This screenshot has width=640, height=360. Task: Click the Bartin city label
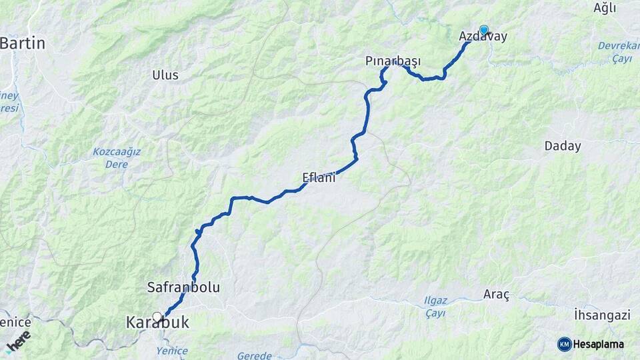tap(24, 44)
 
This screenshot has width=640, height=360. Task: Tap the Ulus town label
tap(165, 75)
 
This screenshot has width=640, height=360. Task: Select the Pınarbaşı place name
tap(393, 61)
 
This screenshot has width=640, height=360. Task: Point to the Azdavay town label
tap(483, 37)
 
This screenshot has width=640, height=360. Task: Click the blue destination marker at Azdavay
tap(484, 30)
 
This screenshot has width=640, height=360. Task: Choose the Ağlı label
tap(605, 8)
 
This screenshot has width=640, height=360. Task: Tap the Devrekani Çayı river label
tap(618, 53)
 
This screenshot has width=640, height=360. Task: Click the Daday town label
tap(563, 146)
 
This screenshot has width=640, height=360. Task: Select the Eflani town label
tap(318, 178)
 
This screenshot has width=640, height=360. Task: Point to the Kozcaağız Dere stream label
tap(117, 157)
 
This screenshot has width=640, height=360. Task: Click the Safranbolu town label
tap(183, 287)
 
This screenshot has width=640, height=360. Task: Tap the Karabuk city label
tap(157, 323)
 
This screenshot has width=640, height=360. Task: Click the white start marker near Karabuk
tap(157, 317)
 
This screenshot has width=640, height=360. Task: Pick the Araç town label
tap(495, 294)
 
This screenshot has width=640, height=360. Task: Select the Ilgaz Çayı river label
tap(437, 305)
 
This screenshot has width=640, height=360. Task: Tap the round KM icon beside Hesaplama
tap(564, 344)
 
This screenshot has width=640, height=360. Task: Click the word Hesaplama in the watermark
tap(599, 344)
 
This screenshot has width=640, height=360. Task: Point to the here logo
tap(19, 341)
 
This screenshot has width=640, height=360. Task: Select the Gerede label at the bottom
tap(255, 355)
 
